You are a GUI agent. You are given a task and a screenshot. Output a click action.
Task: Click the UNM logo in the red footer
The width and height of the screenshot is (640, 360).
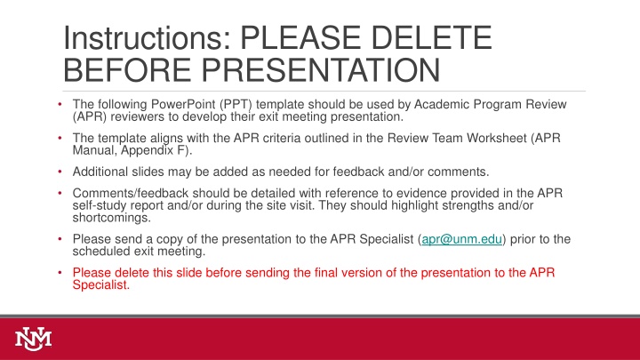(34, 339)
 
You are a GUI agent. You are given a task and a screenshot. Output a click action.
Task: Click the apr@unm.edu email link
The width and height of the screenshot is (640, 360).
(461, 239)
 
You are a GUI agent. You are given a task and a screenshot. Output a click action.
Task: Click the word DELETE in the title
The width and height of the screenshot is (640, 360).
(431, 37)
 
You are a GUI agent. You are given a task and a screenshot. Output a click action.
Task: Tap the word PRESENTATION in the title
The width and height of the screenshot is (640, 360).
(321, 70)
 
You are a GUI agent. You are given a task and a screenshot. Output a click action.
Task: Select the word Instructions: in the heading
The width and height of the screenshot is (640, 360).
(148, 37)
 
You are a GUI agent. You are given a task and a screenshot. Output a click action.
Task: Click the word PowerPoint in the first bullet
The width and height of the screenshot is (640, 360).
(183, 105)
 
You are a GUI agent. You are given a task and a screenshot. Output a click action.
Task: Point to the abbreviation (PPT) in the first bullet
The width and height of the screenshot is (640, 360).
(236, 105)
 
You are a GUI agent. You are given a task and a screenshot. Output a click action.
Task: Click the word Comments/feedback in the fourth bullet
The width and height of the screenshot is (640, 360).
(130, 193)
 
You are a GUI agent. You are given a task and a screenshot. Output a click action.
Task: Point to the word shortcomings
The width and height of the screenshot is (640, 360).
(111, 218)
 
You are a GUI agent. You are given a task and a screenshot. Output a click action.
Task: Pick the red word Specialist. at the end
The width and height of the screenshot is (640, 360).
(100, 285)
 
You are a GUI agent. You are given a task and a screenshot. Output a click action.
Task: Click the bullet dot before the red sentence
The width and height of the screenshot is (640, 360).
(60, 272)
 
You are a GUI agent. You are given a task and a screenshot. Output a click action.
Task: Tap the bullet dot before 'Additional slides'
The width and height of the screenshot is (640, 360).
(60, 172)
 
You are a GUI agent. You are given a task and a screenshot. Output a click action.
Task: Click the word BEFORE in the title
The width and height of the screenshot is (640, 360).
(127, 70)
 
